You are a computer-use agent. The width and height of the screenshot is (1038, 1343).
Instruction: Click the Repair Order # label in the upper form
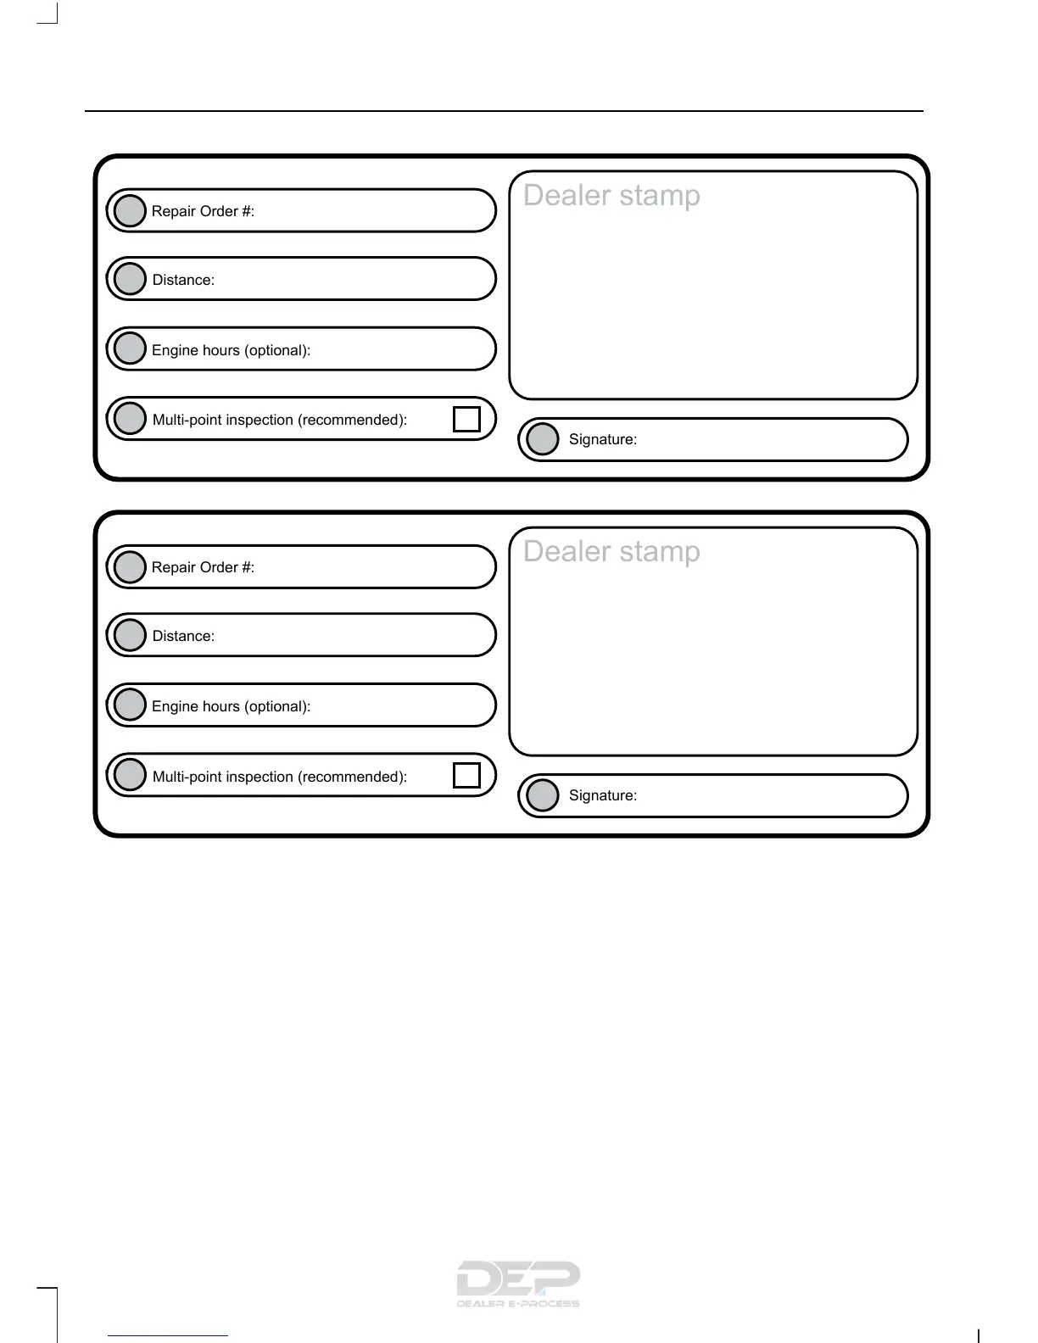click(203, 211)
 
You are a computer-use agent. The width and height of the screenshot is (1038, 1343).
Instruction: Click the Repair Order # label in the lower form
click(203, 567)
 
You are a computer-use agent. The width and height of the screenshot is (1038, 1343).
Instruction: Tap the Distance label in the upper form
click(183, 280)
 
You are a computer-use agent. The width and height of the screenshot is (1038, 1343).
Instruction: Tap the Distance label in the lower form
click(183, 636)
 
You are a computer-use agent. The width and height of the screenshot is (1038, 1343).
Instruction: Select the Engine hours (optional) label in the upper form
click(231, 350)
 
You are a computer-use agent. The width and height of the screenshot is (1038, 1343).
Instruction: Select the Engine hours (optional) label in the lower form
click(231, 706)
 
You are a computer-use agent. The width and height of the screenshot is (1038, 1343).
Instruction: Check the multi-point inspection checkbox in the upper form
click(466, 419)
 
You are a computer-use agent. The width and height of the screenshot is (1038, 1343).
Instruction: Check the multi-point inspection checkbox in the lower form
click(466, 775)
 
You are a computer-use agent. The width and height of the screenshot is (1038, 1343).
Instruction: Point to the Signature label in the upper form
click(602, 439)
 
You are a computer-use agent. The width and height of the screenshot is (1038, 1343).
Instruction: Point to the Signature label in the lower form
click(602, 795)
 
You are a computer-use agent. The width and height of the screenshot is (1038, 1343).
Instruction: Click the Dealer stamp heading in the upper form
click(611, 195)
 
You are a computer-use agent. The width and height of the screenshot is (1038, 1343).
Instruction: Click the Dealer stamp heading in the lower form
click(611, 551)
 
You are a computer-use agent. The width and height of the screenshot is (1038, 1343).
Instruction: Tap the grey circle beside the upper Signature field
click(543, 439)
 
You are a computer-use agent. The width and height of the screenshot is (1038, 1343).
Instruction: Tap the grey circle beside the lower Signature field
click(543, 795)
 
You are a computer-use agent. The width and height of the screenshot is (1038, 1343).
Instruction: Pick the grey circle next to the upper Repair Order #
click(130, 211)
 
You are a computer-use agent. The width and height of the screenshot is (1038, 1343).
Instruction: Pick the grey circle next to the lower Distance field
click(130, 635)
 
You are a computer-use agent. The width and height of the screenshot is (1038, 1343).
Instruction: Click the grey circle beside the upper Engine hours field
click(130, 348)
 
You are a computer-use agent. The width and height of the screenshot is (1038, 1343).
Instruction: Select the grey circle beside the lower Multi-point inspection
click(130, 774)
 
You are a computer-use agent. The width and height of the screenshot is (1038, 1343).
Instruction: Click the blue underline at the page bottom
click(168, 1335)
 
